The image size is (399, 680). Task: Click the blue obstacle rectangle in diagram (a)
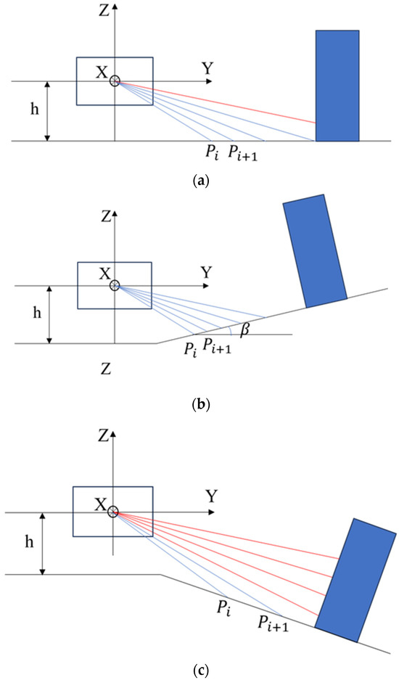tap(337, 85)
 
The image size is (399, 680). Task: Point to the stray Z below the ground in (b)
tap(107, 370)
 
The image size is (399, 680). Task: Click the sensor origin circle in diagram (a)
tap(115, 81)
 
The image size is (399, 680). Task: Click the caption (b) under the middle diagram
tap(199, 405)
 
